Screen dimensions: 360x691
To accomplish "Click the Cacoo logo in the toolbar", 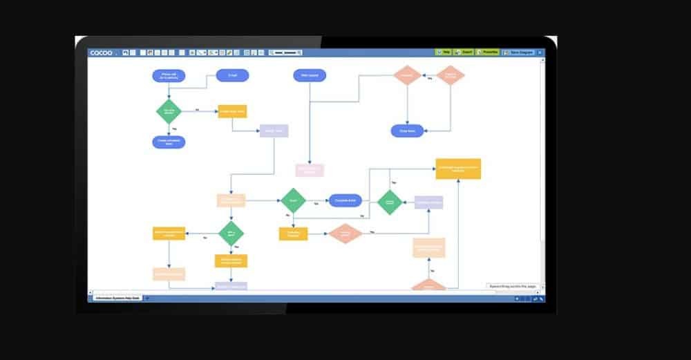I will click(101, 53).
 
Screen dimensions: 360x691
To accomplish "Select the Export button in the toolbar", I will click(465, 52).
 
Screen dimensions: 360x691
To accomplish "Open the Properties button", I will click(488, 52).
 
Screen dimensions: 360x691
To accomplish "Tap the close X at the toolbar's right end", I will click(540, 52).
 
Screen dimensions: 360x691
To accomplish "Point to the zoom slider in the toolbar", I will click(286, 53).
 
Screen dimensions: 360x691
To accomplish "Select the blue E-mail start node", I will click(232, 75).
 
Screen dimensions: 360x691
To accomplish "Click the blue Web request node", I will click(310, 75).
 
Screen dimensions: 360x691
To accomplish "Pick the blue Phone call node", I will click(169, 76).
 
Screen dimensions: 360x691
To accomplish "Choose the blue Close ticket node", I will click(407, 131).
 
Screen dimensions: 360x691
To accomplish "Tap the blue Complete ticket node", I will click(345, 200).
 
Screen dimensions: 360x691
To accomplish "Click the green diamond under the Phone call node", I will click(169, 111).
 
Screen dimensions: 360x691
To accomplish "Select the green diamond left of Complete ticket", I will click(293, 200).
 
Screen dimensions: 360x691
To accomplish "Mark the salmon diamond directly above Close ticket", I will click(407, 75).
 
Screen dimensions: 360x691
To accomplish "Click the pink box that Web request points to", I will click(309, 169).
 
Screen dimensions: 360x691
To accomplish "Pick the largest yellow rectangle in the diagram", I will click(457, 169).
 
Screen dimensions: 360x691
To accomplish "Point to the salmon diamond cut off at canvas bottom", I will click(428, 285).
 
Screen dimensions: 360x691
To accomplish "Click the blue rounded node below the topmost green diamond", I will click(169, 142).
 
